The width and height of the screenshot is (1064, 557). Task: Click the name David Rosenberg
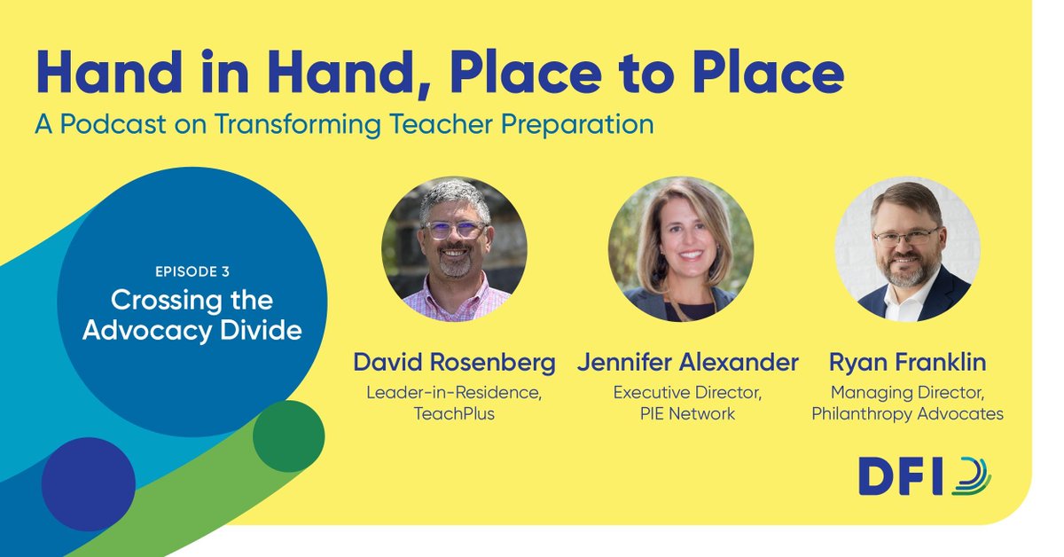tap(455, 363)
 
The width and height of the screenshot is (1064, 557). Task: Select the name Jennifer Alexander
tap(687, 363)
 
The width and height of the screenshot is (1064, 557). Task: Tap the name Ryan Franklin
tap(907, 363)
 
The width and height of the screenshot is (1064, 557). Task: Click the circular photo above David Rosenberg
tap(455, 249)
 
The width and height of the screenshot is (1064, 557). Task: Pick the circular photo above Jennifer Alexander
tap(681, 249)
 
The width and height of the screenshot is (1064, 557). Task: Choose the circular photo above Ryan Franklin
tap(907, 249)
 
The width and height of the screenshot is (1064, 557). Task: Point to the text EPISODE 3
tap(192, 271)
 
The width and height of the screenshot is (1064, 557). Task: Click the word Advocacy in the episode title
tap(166, 331)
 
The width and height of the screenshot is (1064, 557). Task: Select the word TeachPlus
tap(455, 414)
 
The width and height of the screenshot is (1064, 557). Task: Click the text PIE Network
tap(687, 414)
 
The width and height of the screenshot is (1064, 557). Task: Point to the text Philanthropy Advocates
tap(907, 414)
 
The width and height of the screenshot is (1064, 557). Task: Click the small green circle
tap(288, 436)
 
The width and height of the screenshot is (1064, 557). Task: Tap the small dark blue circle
tap(89, 484)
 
